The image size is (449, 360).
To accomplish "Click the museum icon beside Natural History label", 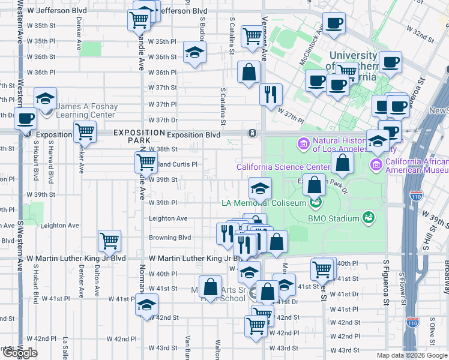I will tap(302, 144).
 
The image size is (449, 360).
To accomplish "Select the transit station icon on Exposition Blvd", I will tap(253, 133).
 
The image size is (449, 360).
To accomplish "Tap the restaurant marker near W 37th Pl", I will tap(271, 94).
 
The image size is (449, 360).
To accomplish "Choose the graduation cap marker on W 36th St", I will tap(194, 53).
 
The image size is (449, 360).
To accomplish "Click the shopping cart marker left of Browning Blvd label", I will tap(109, 241).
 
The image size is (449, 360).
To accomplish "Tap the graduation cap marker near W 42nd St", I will tap(145, 304).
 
